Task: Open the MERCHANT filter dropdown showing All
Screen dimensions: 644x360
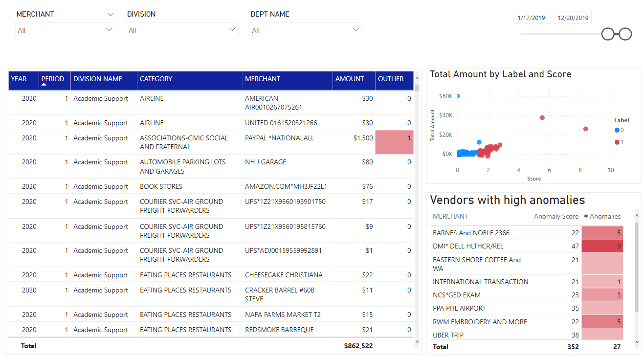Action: tap(65, 30)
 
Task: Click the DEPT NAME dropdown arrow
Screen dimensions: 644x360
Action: tap(355, 29)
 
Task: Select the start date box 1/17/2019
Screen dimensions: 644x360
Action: tap(532, 18)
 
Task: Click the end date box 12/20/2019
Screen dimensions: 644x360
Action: tap(573, 18)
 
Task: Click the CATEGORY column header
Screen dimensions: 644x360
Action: tap(156, 79)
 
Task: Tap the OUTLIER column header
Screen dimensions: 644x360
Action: tap(391, 79)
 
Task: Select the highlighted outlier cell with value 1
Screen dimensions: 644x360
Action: tap(394, 142)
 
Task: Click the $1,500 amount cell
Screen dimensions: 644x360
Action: tap(363, 138)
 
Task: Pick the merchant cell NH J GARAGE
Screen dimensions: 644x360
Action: tap(266, 162)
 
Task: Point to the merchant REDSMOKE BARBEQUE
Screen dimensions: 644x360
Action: tap(279, 330)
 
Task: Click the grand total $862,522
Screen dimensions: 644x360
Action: tap(358, 346)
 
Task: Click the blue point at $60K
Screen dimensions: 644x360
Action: tap(458, 96)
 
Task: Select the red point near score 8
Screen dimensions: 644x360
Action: tap(585, 129)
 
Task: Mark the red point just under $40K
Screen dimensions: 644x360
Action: tap(542, 117)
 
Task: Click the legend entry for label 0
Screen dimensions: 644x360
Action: tap(619, 130)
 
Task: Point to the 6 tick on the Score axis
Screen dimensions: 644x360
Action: tap(549, 170)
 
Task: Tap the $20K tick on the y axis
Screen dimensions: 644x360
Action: tap(445, 135)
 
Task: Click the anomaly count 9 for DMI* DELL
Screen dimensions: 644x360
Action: tap(619, 246)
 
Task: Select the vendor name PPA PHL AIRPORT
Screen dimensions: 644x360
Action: tap(459, 308)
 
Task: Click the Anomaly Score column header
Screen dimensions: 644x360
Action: tap(556, 216)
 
